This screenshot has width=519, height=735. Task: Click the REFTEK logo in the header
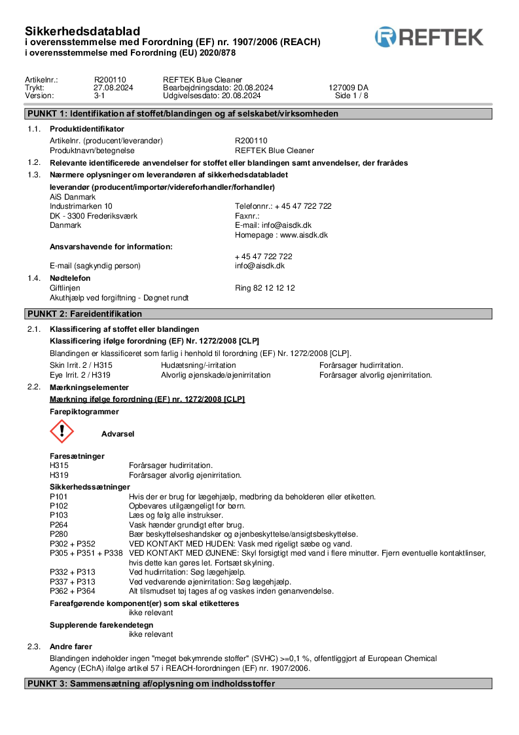[429, 37]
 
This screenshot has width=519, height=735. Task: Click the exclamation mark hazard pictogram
[62, 431]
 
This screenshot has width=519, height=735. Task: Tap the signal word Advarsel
[118, 434]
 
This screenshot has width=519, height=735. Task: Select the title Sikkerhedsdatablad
[82, 31]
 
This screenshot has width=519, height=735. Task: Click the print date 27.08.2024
[113, 87]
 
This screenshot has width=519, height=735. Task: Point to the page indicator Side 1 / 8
[351, 95]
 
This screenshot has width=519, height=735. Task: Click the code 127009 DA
[348, 87]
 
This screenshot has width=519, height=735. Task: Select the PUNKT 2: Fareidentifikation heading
[84, 314]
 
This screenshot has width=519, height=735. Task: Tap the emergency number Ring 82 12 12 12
[264, 288]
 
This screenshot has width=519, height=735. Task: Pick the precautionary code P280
[59, 534]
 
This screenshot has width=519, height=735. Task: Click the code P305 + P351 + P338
[86, 553]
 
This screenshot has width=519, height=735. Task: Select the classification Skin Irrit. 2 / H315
[81, 365]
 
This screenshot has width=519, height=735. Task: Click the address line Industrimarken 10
[81, 206]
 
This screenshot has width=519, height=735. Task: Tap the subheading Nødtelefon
[70, 278]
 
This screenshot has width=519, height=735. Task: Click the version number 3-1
[99, 95]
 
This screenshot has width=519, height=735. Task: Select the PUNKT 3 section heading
[151, 684]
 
